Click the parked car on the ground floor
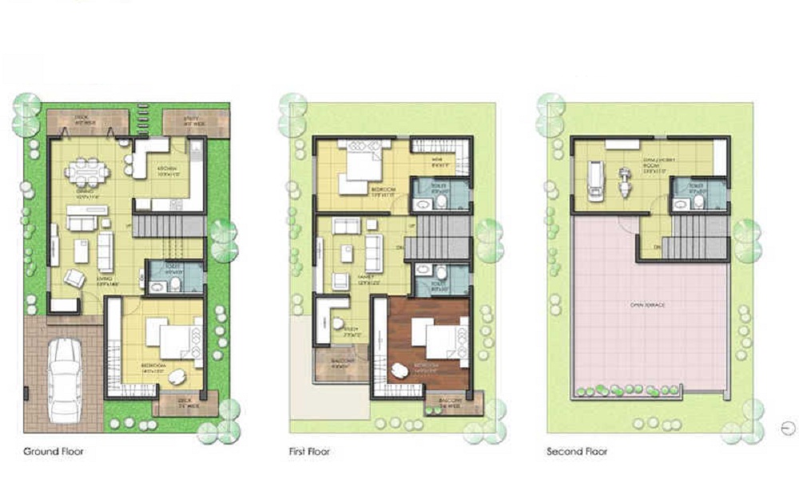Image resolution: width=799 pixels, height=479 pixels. [64, 379]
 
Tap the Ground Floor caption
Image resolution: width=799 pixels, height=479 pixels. [54, 452]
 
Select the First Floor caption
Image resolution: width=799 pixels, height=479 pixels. [309, 452]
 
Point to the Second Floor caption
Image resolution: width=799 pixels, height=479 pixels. [577, 452]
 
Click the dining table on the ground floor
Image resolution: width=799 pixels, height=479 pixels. [85, 171]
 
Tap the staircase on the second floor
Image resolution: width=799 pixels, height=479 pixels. [695, 239]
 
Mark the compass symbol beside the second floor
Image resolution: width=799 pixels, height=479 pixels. [788, 428]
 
